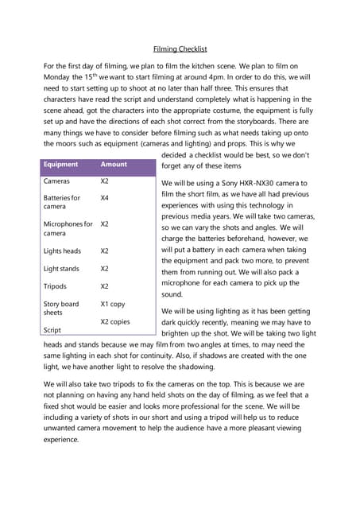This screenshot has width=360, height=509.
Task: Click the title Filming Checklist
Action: pos(180,48)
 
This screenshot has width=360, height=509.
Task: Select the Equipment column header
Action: pos(61,165)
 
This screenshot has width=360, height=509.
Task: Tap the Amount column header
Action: pos(114,165)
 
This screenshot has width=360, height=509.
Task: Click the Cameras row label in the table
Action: pos(56,181)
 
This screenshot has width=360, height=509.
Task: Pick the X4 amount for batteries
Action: pos(105,197)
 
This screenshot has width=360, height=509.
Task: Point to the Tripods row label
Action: pos(56,286)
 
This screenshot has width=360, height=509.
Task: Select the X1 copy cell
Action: pos(113,304)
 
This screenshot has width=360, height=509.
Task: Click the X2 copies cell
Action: pos(115,321)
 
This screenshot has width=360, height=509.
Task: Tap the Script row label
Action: pos(52,330)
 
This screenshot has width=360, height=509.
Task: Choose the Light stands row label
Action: pos(62,269)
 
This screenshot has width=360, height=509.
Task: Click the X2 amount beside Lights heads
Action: pos(105,251)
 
